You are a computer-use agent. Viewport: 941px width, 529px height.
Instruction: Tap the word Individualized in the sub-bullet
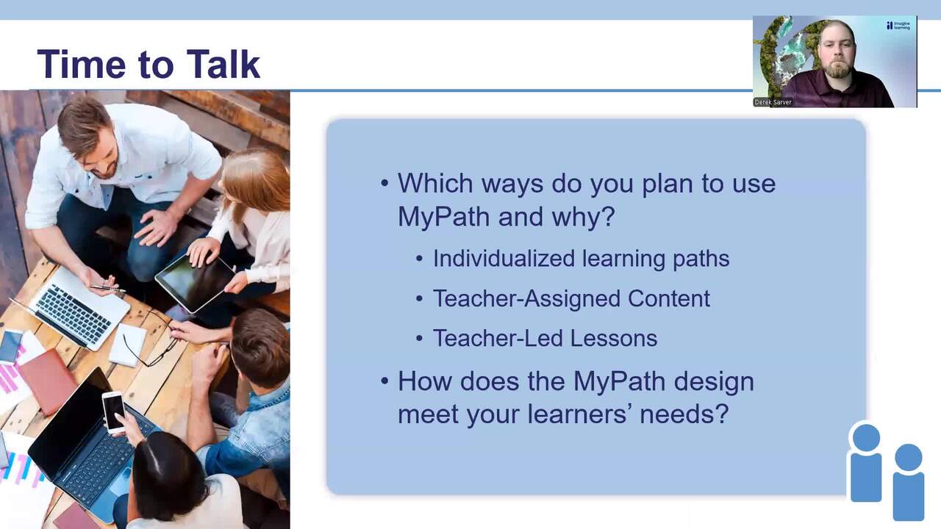tap(504, 258)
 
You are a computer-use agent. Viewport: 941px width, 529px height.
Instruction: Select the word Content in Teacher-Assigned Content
tap(669, 298)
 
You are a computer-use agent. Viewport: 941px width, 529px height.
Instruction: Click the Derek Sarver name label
tap(773, 102)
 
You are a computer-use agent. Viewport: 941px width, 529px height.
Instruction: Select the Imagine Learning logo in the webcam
tap(898, 26)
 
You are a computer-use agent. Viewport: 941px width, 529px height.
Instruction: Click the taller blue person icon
tap(866, 462)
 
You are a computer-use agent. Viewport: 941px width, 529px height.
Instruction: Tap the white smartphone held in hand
tap(113, 412)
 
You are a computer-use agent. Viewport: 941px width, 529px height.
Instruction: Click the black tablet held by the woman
tap(195, 283)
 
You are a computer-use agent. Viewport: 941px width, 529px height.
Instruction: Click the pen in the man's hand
tap(107, 288)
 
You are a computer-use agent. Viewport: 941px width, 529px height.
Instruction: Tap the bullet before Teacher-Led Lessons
tap(419, 339)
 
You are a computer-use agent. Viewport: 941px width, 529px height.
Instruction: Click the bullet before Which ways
tap(384, 184)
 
